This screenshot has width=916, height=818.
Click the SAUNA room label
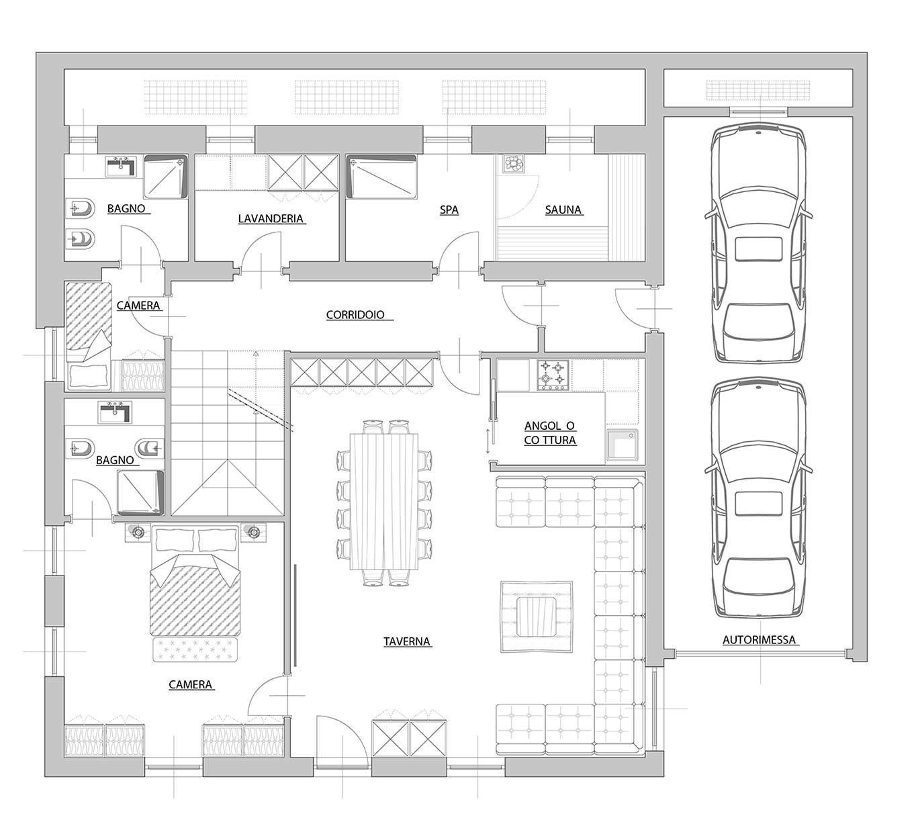pos(563,210)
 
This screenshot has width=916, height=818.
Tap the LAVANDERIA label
pos(271,218)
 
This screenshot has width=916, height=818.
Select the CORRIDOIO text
pos(355,315)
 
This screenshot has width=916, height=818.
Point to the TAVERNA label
pos(406,641)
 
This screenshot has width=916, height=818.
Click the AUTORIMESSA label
pos(759,640)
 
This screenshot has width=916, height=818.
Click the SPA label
pos(449,210)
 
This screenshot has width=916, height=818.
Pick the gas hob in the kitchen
pos(554,375)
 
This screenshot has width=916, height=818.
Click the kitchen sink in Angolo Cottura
pos(622,445)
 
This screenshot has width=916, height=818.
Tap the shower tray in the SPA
pos(381,177)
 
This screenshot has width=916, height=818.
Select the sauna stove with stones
pos(514,163)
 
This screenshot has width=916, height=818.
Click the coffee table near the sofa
pos(536,617)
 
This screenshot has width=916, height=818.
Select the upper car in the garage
pos(758,245)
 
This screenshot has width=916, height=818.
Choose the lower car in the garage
pos(758,498)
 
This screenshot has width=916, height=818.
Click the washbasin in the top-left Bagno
pos(120,167)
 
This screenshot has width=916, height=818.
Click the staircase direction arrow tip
pos(256,353)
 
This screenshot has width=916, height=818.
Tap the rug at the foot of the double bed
pos(195,650)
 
